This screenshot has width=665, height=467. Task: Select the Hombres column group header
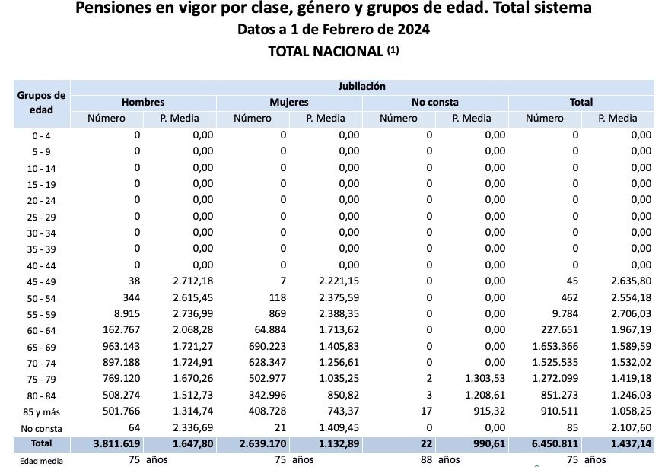(143, 102)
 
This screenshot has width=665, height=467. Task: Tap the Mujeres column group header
(289, 102)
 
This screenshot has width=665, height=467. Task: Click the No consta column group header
(435, 102)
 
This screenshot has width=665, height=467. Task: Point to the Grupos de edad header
(42, 103)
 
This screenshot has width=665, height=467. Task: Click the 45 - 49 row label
(42, 281)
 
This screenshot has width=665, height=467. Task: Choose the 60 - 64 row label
(42, 329)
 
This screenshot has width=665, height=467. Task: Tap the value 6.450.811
(553, 443)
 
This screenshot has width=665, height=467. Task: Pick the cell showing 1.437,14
(629, 443)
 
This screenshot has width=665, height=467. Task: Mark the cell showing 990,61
(488, 443)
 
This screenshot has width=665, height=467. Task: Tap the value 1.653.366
(555, 345)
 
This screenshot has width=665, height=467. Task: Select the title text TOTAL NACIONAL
(325, 52)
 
